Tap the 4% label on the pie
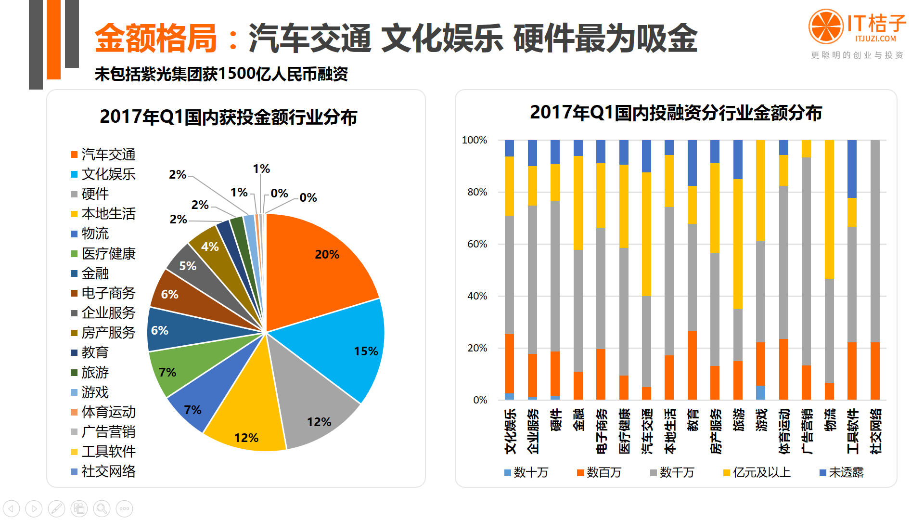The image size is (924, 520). tap(210, 247)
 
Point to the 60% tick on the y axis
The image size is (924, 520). tap(477, 244)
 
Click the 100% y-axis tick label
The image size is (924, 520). tap(474, 140)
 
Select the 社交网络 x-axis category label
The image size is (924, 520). tap(875, 431)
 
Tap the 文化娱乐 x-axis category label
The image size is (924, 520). tap(510, 431)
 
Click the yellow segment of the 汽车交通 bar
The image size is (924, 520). tap(646, 234)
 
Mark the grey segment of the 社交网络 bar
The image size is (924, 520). tap(875, 241)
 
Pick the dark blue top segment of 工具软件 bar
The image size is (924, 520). tap(852, 169)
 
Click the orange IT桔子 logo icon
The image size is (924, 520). tap(826, 26)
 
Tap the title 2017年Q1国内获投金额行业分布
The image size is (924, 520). tap(229, 117)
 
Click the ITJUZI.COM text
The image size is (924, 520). tap(875, 39)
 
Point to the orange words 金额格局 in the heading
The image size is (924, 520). tap(156, 39)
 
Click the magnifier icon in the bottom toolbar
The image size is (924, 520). tap(102, 508)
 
